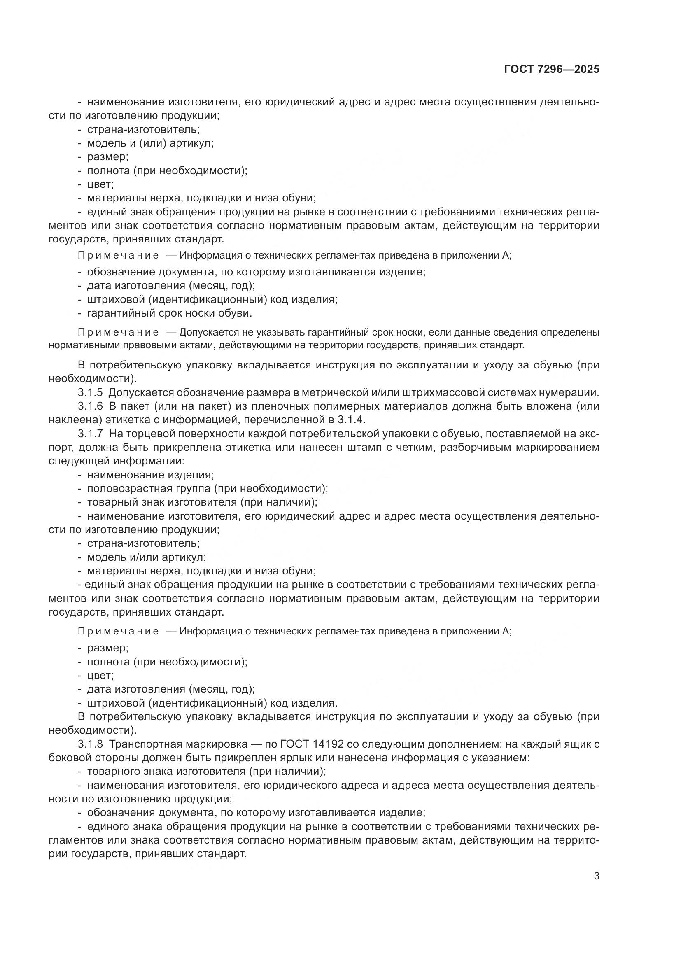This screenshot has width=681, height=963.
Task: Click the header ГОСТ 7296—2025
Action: coord(551,70)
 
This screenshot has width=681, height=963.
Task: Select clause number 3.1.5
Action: coord(91,393)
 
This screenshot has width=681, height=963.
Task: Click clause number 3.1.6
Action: coord(91,406)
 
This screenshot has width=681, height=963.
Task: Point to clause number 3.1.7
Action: coord(91,434)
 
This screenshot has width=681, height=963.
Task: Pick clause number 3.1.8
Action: coord(91,744)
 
